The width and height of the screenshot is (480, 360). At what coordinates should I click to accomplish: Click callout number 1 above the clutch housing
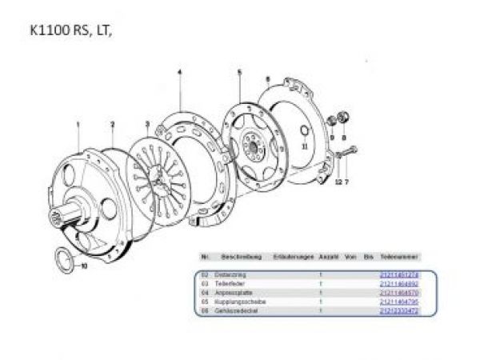[78, 124]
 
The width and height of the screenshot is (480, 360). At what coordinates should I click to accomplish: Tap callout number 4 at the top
[180, 73]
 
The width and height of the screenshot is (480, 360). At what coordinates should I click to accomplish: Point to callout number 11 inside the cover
[304, 146]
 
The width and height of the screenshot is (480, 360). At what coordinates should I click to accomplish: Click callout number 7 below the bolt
[347, 182]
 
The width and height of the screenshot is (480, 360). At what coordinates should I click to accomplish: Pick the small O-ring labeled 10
[66, 259]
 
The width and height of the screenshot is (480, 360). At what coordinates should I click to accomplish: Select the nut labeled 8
[345, 118]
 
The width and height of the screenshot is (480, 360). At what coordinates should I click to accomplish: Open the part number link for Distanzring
[398, 275]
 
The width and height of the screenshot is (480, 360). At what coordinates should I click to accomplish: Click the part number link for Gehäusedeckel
[398, 310]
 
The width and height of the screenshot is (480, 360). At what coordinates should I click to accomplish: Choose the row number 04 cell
[206, 293]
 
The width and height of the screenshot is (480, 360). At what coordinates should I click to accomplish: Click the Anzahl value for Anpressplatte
[320, 293]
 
